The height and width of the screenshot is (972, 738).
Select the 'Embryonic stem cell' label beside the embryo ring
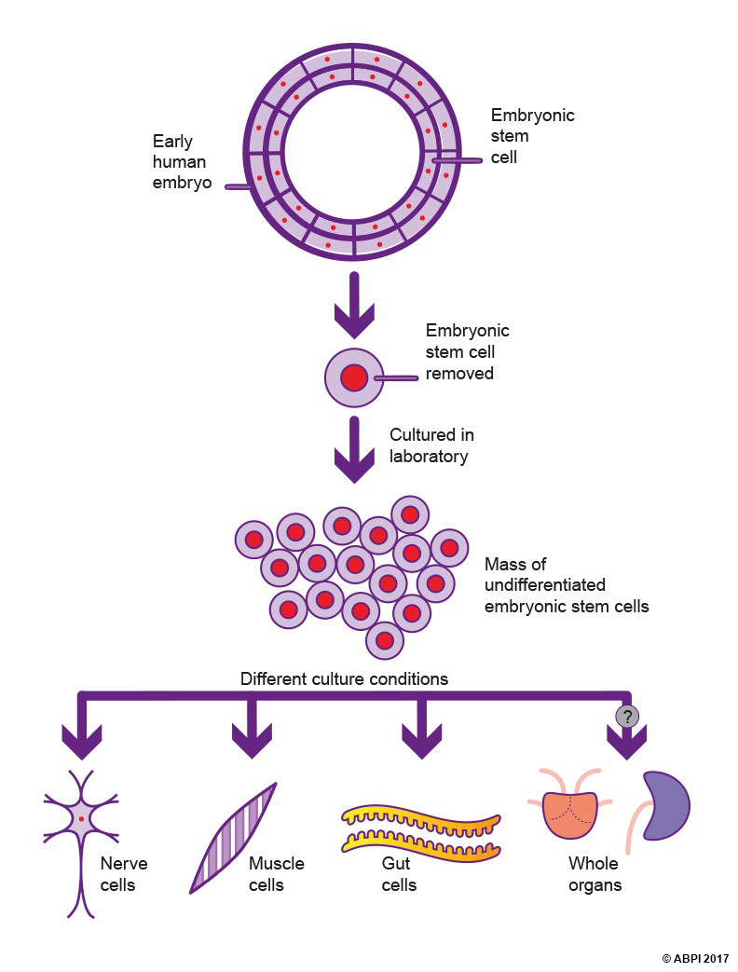pyautogui.click(x=532, y=136)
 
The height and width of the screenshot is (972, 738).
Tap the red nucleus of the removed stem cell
pyautogui.click(x=354, y=378)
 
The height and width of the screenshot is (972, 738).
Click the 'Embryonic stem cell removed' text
pyautogui.click(x=468, y=352)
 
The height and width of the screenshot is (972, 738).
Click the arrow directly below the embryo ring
pyautogui.click(x=354, y=304)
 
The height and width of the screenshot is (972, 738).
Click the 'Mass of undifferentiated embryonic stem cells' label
pyautogui.click(x=566, y=585)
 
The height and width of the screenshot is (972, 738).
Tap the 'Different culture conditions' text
pyautogui.click(x=344, y=678)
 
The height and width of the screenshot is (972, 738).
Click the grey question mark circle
pyautogui.click(x=626, y=716)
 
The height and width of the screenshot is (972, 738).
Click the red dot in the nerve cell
pyautogui.click(x=82, y=817)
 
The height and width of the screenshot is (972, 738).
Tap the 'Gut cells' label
pyautogui.click(x=399, y=874)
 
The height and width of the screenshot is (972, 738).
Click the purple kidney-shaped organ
pyautogui.click(x=665, y=804)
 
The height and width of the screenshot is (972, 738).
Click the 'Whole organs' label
pyautogui.click(x=594, y=874)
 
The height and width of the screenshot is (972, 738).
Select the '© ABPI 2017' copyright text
pyautogui.click(x=696, y=958)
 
